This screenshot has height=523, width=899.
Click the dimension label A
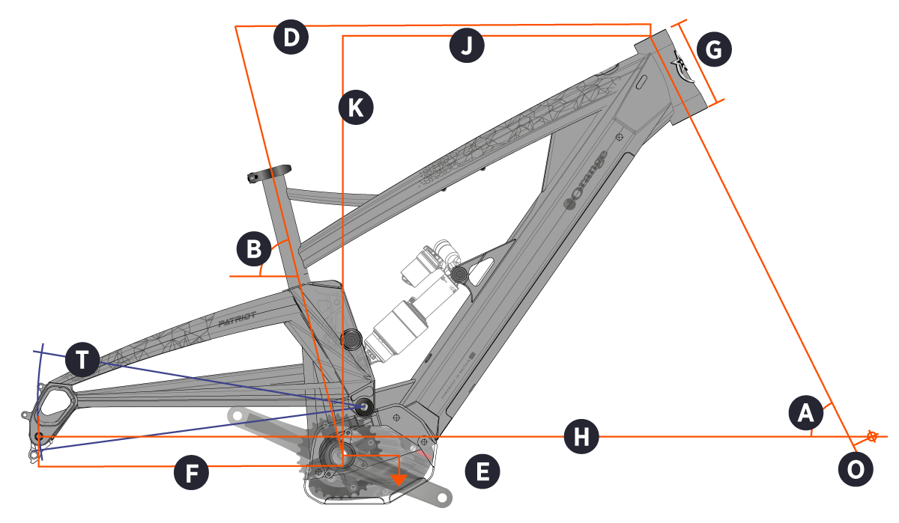coord(806,412)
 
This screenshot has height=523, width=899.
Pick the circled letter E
coord(482,471)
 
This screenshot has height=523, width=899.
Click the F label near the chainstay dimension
coord(191,473)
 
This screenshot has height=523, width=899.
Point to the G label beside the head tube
coord(713,50)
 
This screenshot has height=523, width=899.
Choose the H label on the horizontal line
coord(581,436)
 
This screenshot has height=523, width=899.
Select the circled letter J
coord(467,46)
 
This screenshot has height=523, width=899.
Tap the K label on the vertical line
coord(355,108)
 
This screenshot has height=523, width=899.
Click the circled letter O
coord(855,469)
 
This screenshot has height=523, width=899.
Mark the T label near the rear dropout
coord(82,361)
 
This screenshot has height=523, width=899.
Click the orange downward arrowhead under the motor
coord(402,478)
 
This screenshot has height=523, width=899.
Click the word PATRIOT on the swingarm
coord(237,320)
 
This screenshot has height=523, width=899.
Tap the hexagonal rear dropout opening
coord(55,402)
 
